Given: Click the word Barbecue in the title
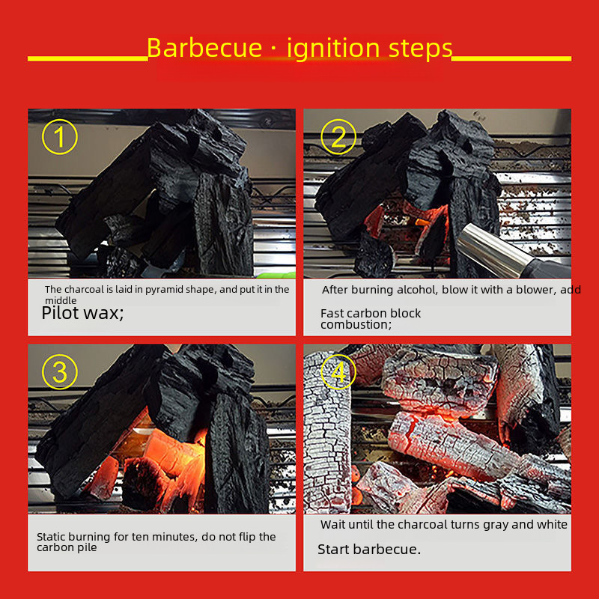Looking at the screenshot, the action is (x=204, y=48).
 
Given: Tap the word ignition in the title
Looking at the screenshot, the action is (x=333, y=49).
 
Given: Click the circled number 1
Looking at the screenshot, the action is (x=60, y=137).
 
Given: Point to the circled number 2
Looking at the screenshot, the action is (x=338, y=137).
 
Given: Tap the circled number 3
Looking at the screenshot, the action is (x=60, y=371).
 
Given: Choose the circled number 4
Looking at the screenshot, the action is (x=338, y=371).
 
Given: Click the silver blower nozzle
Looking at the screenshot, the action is (x=493, y=250).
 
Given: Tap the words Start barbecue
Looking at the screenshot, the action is (x=368, y=550).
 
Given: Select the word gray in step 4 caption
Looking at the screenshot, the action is (x=496, y=525).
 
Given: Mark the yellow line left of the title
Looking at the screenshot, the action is (x=88, y=59).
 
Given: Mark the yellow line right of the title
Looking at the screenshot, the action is (x=511, y=59).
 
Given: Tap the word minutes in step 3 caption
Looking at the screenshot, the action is (x=175, y=537).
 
